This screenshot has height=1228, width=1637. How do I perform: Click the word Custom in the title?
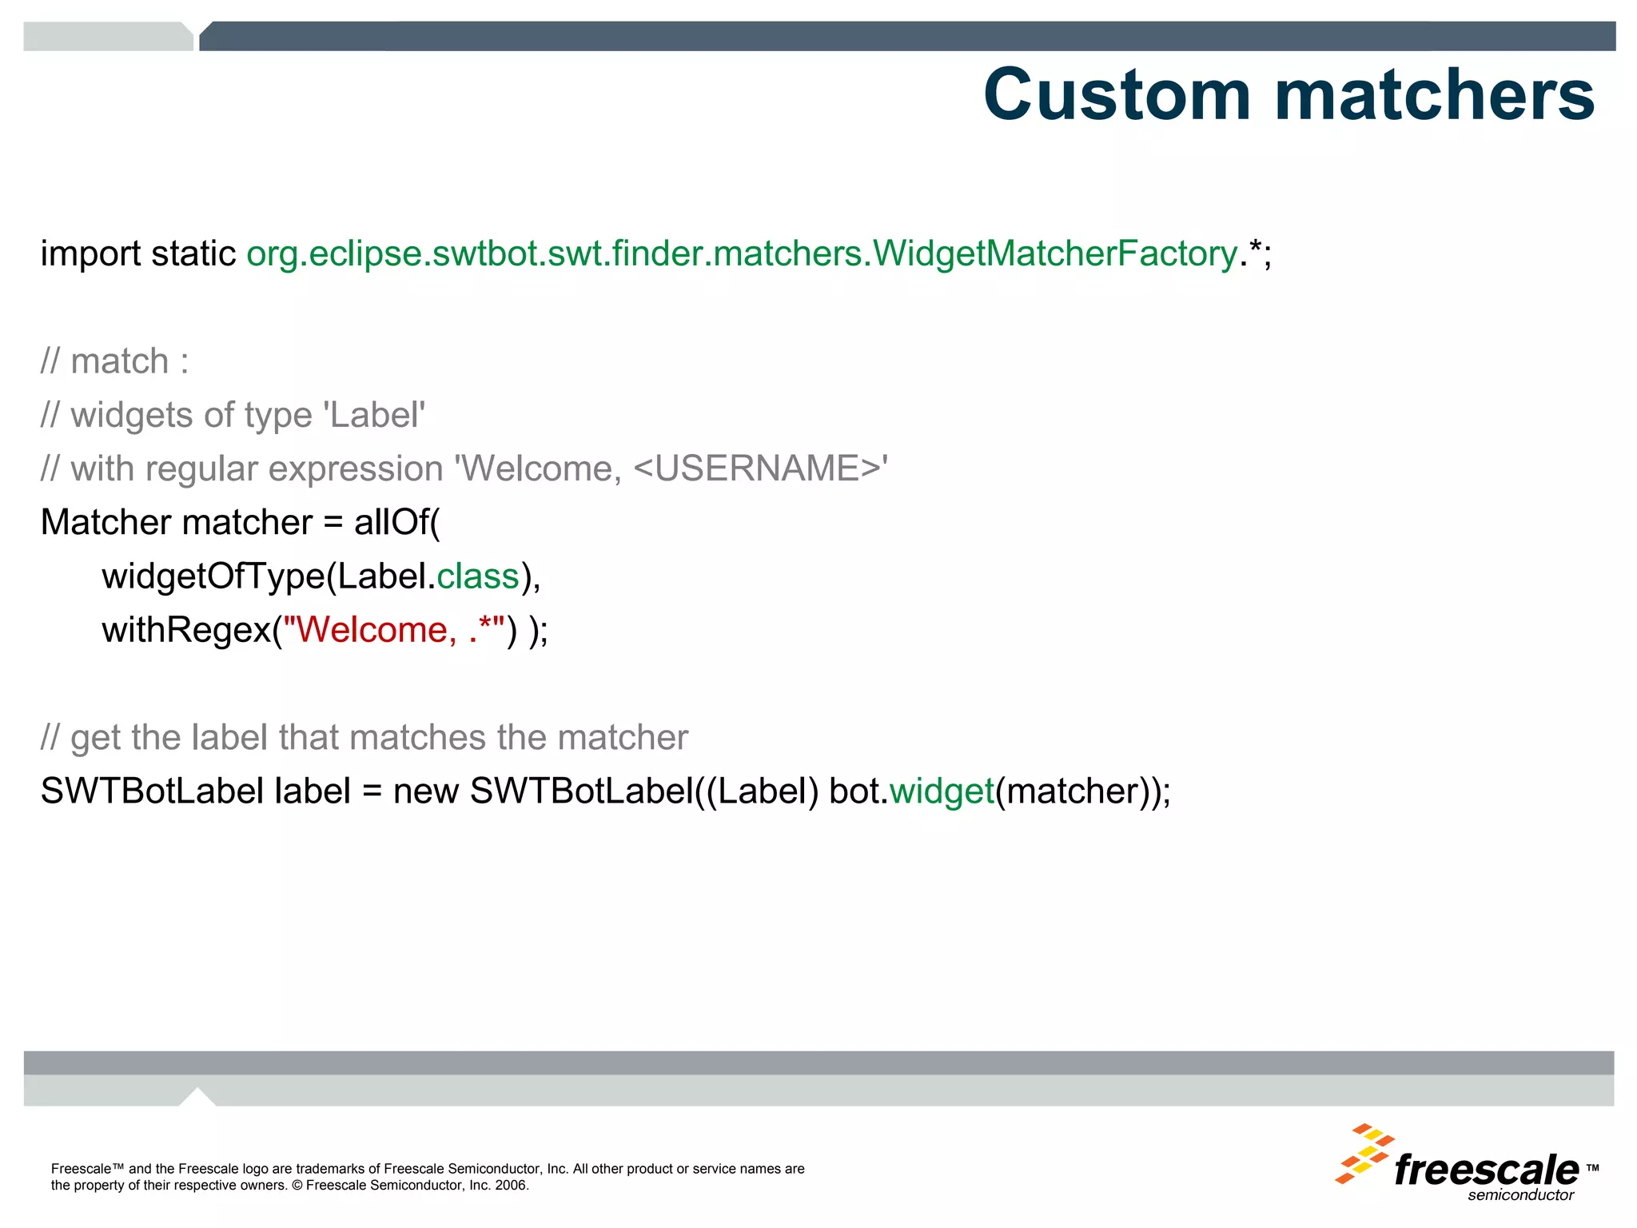pyautogui.click(x=1117, y=95)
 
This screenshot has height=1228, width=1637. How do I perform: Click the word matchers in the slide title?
pyautogui.click(x=1435, y=95)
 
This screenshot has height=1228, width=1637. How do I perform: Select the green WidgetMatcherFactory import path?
pyautogui.click(x=742, y=254)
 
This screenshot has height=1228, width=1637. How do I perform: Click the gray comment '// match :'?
pyautogui.click(x=115, y=361)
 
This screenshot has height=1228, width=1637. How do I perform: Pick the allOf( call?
pyautogui.click(x=396, y=523)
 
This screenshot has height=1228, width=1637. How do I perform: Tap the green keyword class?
pyautogui.click(x=478, y=576)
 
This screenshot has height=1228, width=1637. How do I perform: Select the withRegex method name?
pyautogui.click(x=186, y=630)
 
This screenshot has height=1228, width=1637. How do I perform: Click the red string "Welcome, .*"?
pyautogui.click(x=394, y=630)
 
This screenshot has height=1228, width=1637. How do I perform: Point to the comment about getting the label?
pyautogui.click(x=364, y=737)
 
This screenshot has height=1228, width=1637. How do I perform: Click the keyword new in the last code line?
pyautogui.click(x=425, y=791)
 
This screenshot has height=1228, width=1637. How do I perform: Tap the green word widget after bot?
pyautogui.click(x=942, y=791)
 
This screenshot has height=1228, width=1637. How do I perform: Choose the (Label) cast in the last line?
pyautogui.click(x=763, y=791)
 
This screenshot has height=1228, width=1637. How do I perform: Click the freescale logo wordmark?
pyautogui.click(x=1486, y=1170)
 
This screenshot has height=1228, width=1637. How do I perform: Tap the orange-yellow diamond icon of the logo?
pyautogui.click(x=1364, y=1154)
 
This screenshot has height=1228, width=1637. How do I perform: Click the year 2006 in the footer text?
pyautogui.click(x=511, y=1185)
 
